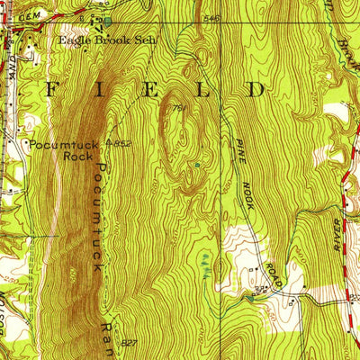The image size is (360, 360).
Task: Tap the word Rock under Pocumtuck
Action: (76, 155)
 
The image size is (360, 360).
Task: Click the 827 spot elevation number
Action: (130, 343)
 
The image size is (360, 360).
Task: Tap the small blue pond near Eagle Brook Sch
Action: (107, 20)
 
